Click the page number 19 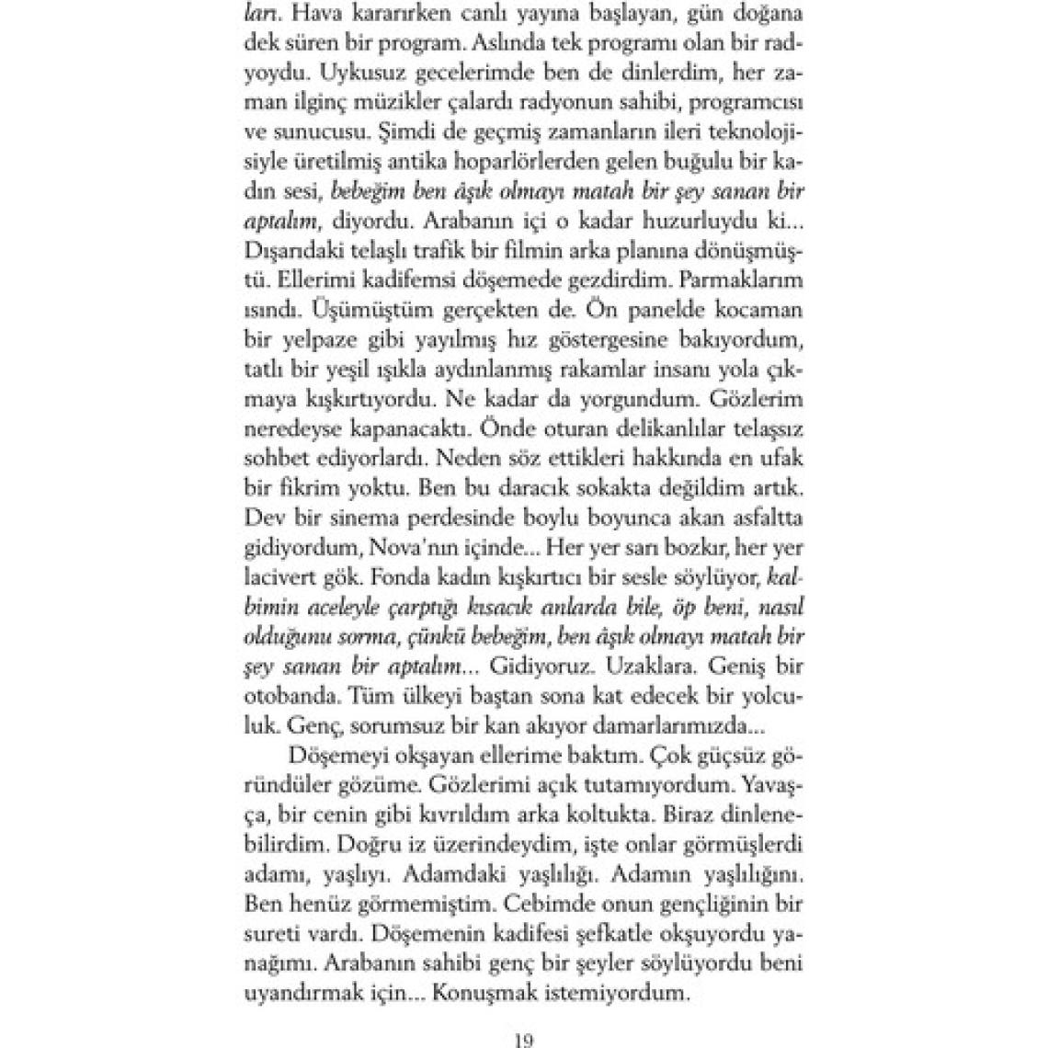click(524, 1041)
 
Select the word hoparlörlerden click(494, 165)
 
